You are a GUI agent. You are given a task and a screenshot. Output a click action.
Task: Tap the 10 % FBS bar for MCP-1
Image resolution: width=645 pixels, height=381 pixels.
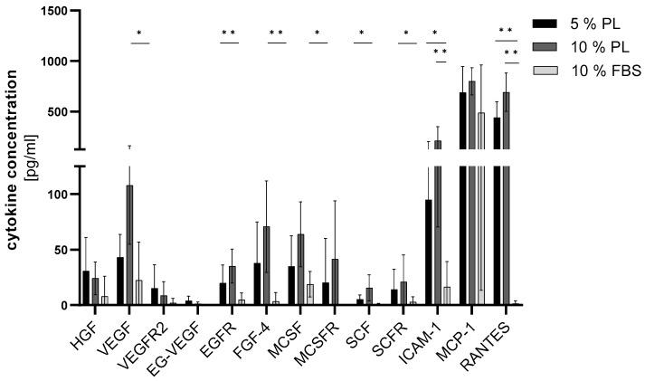pos(481,208)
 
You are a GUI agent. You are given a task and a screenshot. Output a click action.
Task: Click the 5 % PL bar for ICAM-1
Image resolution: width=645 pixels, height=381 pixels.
pos(428,252)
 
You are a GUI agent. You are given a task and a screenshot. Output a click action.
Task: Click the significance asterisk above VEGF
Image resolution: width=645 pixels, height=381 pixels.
pos(139,34)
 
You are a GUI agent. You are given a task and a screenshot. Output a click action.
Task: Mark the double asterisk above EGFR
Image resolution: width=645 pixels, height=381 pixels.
pos(229,34)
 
